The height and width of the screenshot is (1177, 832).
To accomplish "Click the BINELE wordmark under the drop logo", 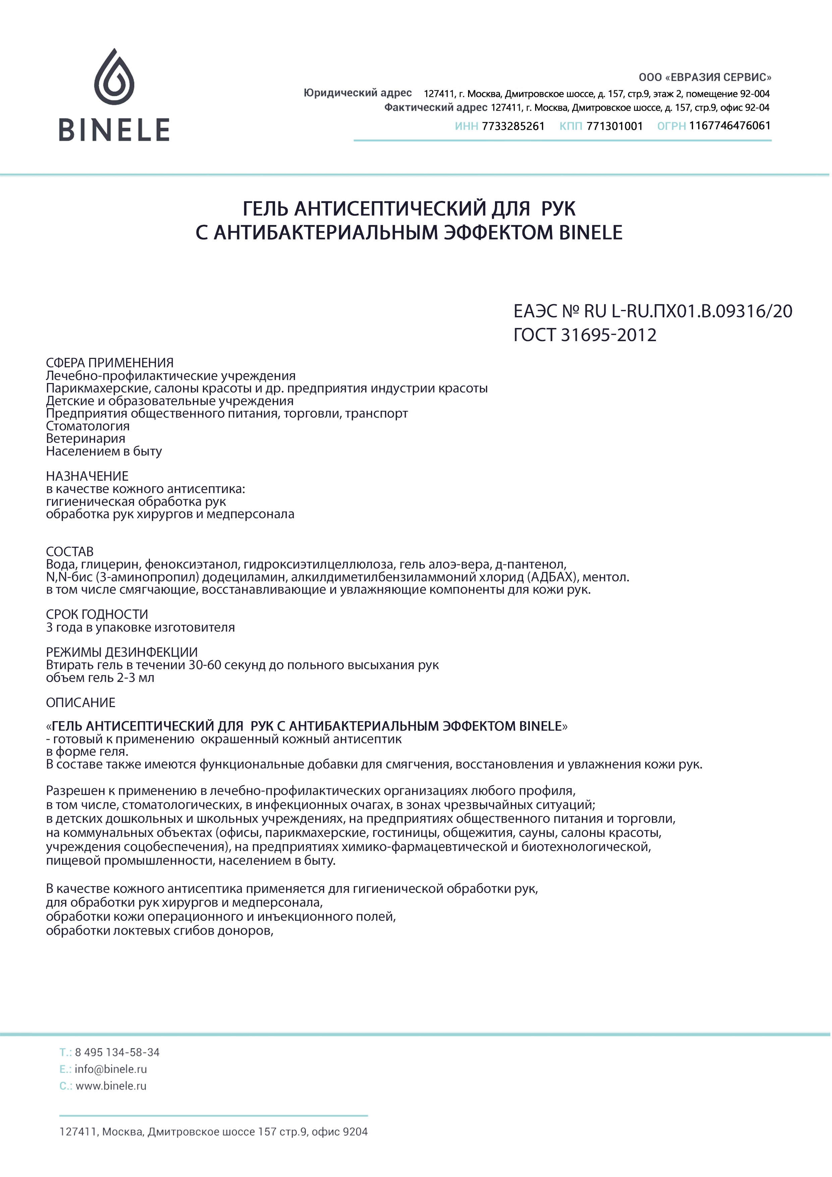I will (114, 130).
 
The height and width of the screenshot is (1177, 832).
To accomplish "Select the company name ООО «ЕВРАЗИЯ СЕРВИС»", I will (705, 77).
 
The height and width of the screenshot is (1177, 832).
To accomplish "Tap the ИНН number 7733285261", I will (513, 126).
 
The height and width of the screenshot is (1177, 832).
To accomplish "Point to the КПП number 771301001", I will (614, 126).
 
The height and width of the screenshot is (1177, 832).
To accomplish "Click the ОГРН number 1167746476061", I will (729, 125).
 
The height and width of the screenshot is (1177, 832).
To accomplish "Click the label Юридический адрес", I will (357, 93).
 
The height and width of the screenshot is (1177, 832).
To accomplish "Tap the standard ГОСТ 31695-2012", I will (585, 335).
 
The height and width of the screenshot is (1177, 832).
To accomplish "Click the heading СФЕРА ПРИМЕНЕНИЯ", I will (110, 363).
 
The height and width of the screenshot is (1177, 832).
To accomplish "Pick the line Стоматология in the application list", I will (88, 426).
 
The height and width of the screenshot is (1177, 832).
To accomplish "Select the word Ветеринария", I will (86, 438).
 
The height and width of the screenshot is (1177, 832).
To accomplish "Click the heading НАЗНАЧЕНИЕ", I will (87, 476).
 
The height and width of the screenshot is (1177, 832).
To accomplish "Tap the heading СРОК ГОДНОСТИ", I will (97, 614).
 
